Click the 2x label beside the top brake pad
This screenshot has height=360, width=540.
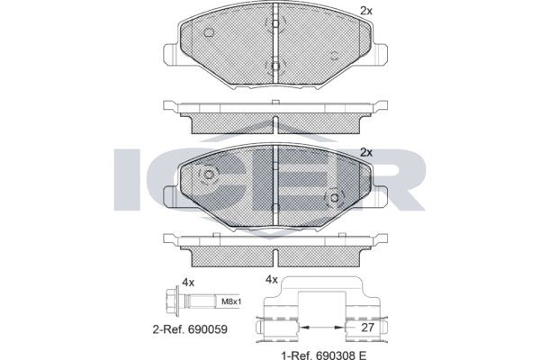(x=366, y=10)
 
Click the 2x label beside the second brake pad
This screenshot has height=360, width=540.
(x=366, y=152)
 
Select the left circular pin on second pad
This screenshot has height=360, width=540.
(x=208, y=175)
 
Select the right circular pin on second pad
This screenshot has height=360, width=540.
(x=334, y=198)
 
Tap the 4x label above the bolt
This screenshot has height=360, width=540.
(x=188, y=282)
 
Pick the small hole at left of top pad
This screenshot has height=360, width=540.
(x=208, y=33)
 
